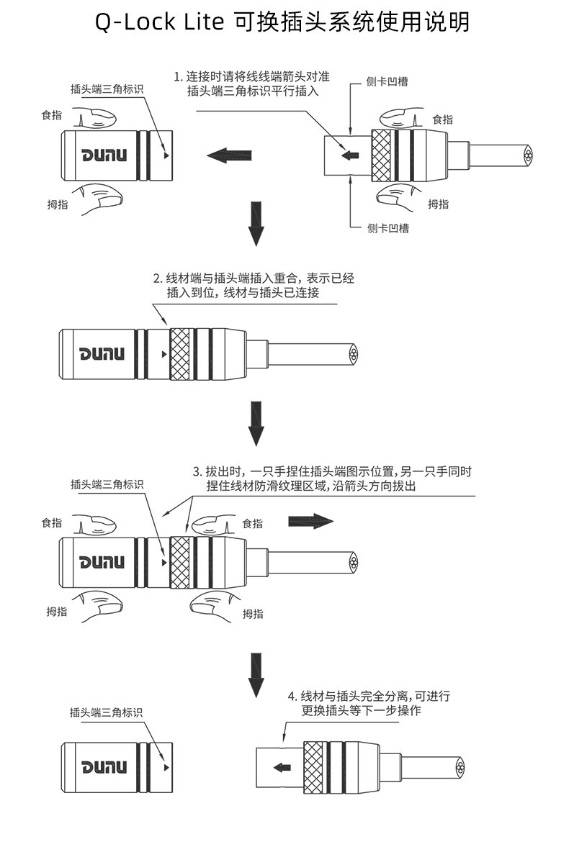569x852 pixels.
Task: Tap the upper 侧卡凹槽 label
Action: (387, 81)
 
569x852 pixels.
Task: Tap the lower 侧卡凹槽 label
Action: (387, 228)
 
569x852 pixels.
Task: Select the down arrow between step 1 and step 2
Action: (256, 223)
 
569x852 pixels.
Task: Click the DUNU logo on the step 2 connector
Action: (102, 354)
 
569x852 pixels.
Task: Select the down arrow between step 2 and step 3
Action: (256, 423)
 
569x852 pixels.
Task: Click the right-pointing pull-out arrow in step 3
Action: (310, 521)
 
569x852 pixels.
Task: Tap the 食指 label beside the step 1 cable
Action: (442, 119)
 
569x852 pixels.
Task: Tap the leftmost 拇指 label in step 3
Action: (57, 612)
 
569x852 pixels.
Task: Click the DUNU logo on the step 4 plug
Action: (104, 767)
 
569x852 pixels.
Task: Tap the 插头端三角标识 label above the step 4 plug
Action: (106, 712)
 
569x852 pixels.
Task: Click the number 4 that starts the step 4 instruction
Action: (291, 697)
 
